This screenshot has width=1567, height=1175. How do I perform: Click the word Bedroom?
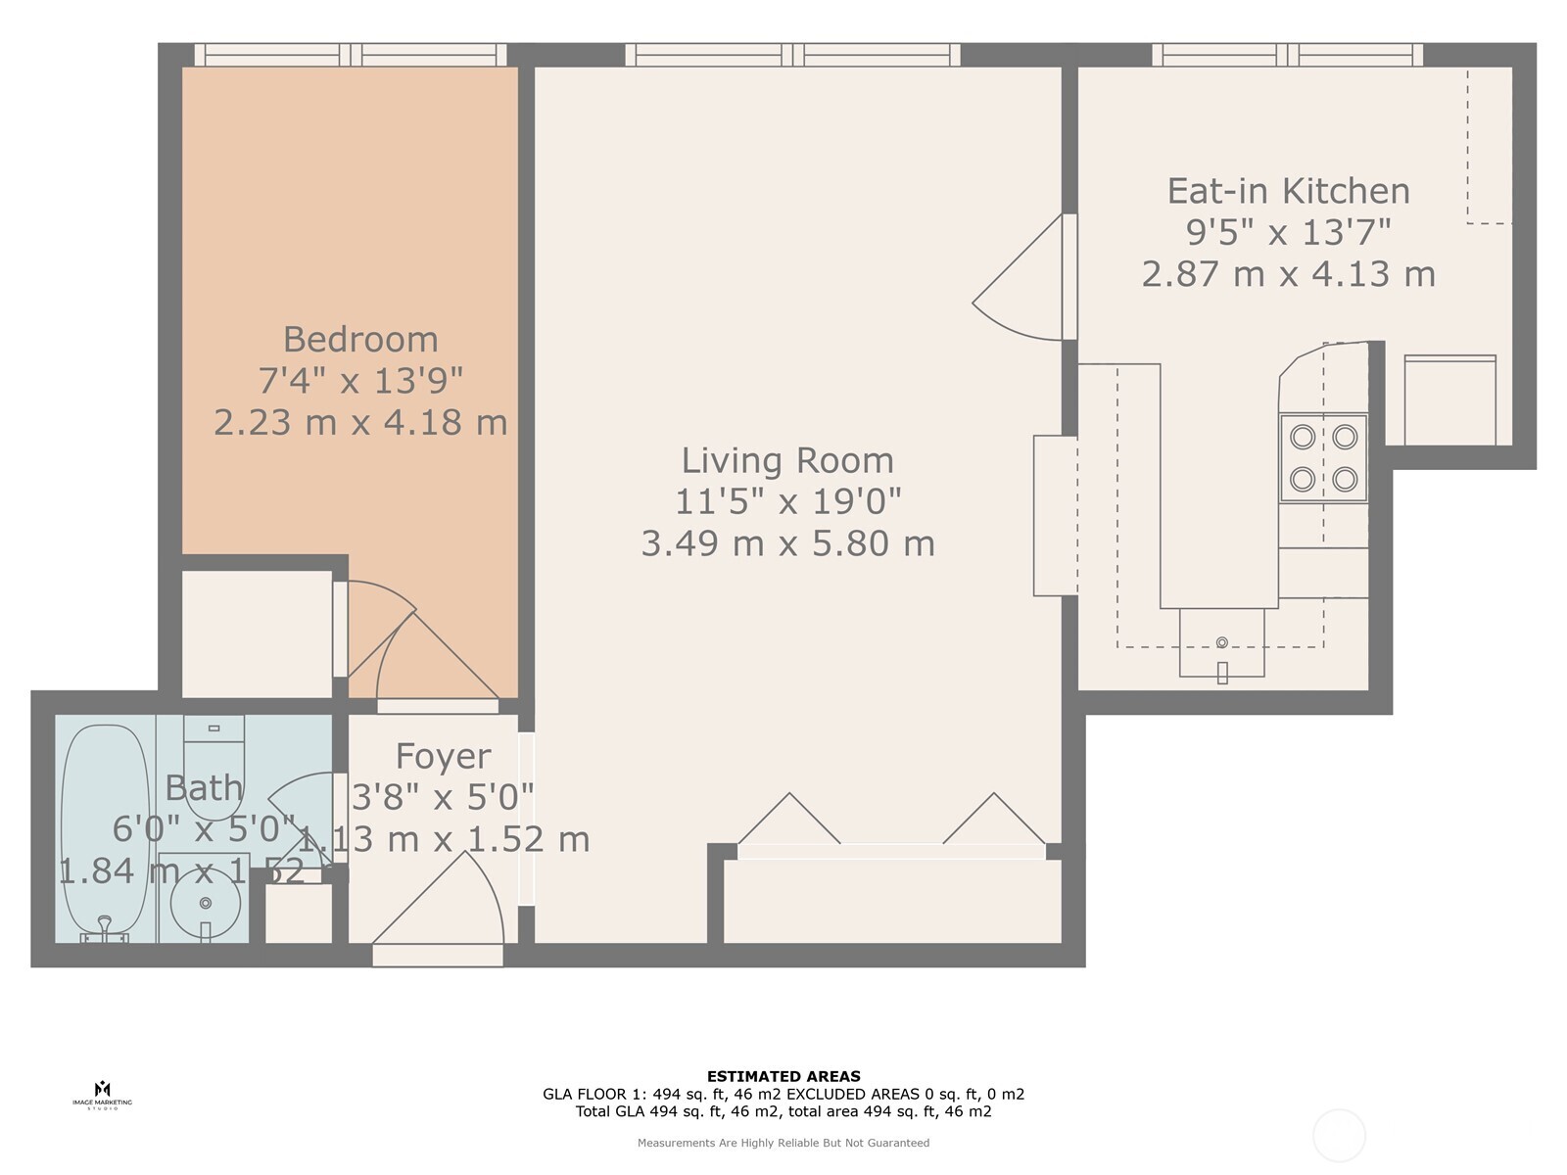click(360, 340)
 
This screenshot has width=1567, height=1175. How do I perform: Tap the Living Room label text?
click(787, 460)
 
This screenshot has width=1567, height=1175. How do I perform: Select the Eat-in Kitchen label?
click(1288, 191)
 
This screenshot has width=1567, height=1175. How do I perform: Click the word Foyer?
click(443, 756)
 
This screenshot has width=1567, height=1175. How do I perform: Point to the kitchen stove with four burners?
click(1323, 457)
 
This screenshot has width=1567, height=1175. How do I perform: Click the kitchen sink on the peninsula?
click(1221, 644)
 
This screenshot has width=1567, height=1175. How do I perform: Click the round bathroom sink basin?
click(206, 903)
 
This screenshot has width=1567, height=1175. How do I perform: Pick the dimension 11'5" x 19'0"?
click(787, 501)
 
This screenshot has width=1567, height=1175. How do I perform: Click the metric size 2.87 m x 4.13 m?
click(1288, 273)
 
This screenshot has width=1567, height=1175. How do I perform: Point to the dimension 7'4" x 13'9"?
click(360, 380)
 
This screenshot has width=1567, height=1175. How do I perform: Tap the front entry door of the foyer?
click(438, 954)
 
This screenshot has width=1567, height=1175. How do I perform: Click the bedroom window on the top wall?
click(351, 55)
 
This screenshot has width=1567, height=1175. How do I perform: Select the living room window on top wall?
click(793, 55)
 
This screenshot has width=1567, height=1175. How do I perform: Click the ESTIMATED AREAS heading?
click(783, 1076)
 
